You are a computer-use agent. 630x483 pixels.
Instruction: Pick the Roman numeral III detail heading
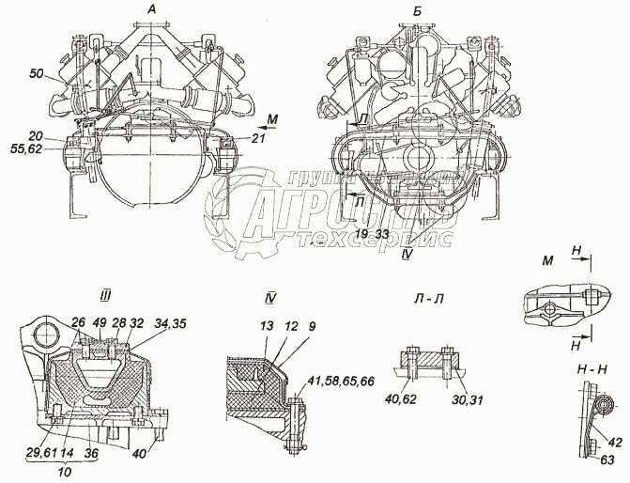106,296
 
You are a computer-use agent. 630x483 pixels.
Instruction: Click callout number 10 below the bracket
62,470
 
